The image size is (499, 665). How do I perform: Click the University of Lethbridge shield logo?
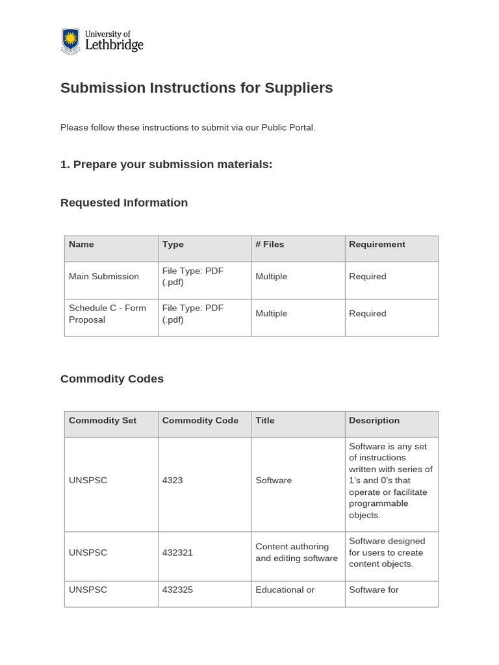point(70,41)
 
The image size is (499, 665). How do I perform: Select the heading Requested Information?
point(124,203)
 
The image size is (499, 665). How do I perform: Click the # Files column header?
point(270,245)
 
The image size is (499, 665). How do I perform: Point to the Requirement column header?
point(377,245)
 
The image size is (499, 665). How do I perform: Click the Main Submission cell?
point(104,277)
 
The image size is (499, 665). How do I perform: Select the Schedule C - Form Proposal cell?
point(107,314)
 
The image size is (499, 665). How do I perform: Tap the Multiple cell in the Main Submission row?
point(271,277)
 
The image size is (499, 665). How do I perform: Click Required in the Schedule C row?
point(367,314)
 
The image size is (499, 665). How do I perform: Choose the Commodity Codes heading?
point(112,379)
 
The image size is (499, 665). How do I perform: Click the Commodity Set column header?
point(103,421)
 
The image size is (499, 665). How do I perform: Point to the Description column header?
point(374,421)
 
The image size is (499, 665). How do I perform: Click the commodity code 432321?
point(177,553)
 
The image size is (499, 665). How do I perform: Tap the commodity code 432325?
point(177,590)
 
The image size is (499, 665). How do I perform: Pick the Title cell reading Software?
point(274,481)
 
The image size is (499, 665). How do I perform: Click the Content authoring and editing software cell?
point(296,553)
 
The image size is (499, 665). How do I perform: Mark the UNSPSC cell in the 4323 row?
point(88,481)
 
